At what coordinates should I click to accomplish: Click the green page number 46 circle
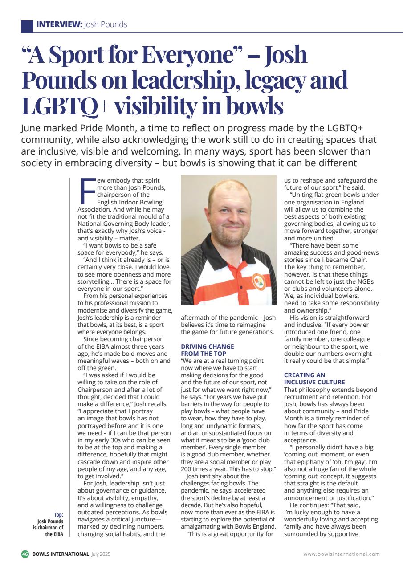click(25, 554)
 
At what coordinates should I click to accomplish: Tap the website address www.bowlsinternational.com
click(342, 554)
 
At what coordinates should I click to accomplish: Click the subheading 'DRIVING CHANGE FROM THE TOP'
click(207, 350)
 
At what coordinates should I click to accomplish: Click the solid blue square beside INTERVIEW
click(27, 25)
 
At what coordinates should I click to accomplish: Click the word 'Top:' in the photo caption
click(58, 514)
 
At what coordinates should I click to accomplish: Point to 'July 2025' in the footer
click(101, 554)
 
